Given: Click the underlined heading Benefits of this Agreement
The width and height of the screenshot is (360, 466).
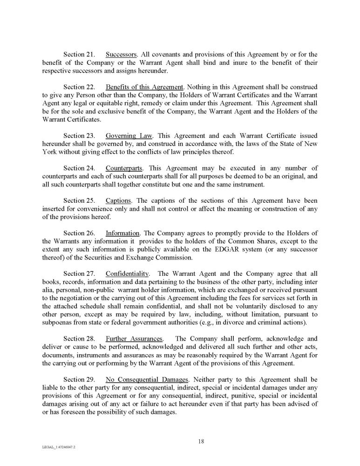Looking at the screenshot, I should point(145,87).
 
